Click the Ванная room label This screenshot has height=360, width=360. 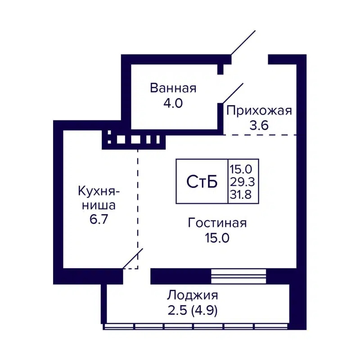pyautogui.click(x=173, y=88)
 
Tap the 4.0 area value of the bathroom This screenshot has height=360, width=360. pyautogui.click(x=173, y=103)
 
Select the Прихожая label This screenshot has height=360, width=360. pyautogui.click(x=259, y=110)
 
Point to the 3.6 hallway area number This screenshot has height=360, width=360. pyautogui.click(x=259, y=126)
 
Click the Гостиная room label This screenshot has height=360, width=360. pyautogui.click(x=218, y=223)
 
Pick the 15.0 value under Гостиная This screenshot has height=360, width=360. pyautogui.click(x=218, y=238)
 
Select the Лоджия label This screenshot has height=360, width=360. pyautogui.click(x=193, y=296)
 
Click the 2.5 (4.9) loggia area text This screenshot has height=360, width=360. pyautogui.click(x=193, y=311)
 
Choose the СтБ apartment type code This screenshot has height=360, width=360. pyautogui.click(x=202, y=181)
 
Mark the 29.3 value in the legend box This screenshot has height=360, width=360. pyautogui.click(x=243, y=181)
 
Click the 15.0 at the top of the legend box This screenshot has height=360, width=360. pyautogui.click(x=243, y=169)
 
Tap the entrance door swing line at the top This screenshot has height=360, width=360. pyautogui.click(x=243, y=43)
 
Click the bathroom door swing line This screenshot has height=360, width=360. pyautogui.click(x=233, y=93)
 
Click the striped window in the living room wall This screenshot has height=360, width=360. pyautogui.click(x=238, y=275)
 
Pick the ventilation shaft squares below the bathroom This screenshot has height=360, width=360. pyautogui.click(x=134, y=140)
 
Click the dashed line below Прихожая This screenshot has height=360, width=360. pyautogui.click(x=260, y=135)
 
